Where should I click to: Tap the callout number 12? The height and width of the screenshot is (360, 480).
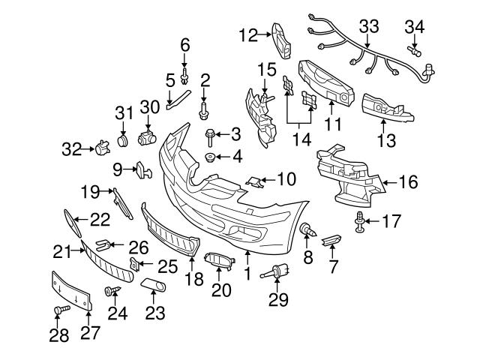coord(247,34)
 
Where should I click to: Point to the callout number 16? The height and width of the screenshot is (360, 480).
coord(407,181)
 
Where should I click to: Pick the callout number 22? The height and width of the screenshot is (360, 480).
coord(100,219)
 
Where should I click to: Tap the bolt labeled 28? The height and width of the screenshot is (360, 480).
coord(59,309)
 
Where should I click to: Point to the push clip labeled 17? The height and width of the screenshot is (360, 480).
coord(361,220)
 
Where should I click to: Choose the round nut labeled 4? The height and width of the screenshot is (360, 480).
coord(211,157)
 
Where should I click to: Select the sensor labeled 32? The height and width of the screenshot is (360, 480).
coord(97,148)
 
